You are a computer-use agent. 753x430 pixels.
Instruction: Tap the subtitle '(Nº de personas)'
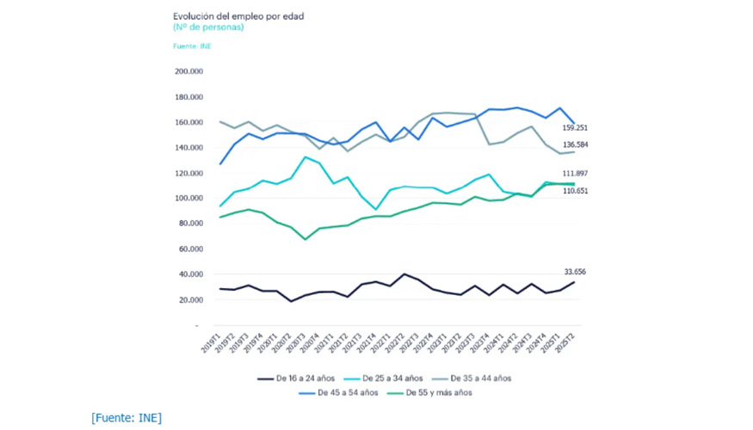[208, 28]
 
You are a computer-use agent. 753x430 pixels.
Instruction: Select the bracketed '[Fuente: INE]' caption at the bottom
[127, 418]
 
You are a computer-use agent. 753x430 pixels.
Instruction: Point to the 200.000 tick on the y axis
[188, 71]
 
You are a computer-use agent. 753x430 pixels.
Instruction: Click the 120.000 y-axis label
[188, 173]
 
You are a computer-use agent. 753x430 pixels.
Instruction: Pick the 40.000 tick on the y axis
[189, 274]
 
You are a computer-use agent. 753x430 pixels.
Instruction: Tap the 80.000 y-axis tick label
[189, 224]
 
